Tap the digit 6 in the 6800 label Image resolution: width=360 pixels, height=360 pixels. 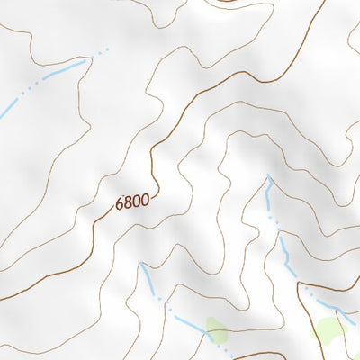(120, 207)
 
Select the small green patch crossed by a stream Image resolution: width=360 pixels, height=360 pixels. (216, 330)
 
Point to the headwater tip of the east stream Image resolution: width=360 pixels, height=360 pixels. (267, 176)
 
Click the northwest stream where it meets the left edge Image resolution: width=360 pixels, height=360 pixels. (2, 114)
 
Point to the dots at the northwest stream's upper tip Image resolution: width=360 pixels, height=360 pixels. (102, 50)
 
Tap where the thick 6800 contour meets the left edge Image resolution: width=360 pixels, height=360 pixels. (2, 297)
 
